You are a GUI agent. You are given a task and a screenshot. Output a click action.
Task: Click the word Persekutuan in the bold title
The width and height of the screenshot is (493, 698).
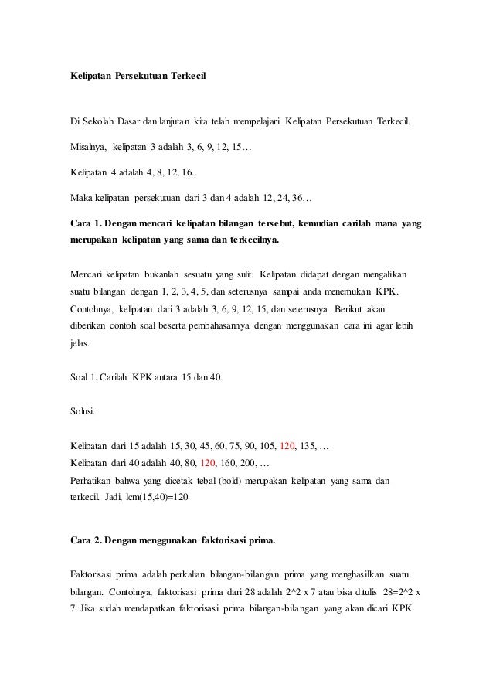(x=141, y=77)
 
